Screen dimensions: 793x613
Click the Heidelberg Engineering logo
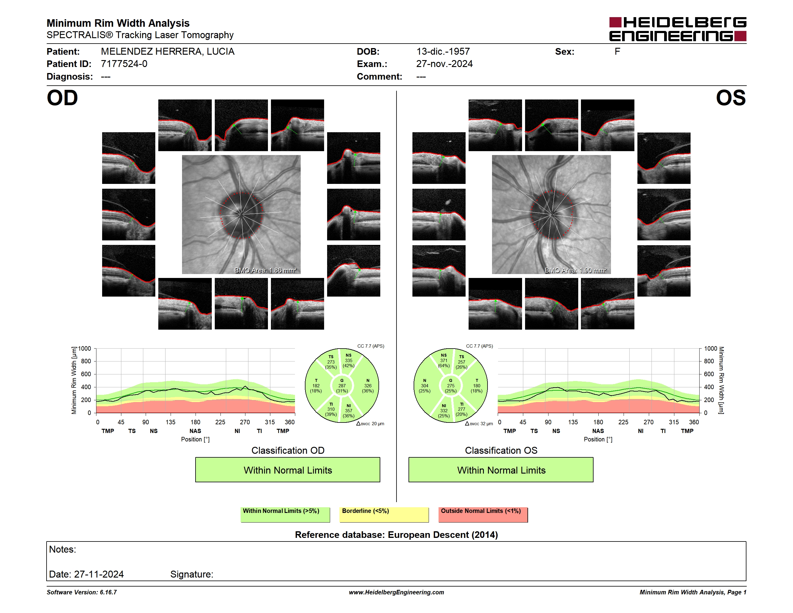[678, 29]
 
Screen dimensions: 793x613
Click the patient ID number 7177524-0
[124, 64]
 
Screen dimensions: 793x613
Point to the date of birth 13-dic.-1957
[443, 52]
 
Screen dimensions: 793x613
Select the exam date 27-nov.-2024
[445, 64]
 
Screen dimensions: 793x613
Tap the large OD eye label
[62, 98]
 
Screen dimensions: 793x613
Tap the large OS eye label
[731, 98]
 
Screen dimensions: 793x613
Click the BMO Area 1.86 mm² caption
[266, 270]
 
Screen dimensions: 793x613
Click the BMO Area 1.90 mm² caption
[576, 270]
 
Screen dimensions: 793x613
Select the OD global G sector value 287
[342, 386]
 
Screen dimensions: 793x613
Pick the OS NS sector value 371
[444, 361]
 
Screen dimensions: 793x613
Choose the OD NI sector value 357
[348, 411]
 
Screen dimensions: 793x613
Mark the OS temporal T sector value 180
[477, 386]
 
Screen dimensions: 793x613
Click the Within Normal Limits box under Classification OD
[287, 470]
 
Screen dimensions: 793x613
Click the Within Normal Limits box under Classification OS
[501, 470]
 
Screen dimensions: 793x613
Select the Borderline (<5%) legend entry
[384, 514]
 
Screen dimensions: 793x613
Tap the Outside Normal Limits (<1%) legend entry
[483, 514]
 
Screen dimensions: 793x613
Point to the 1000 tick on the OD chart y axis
[85, 349]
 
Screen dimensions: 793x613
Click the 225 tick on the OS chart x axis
[623, 422]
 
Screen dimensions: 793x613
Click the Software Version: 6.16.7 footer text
[82, 592]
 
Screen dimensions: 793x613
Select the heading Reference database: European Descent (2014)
[396, 535]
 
